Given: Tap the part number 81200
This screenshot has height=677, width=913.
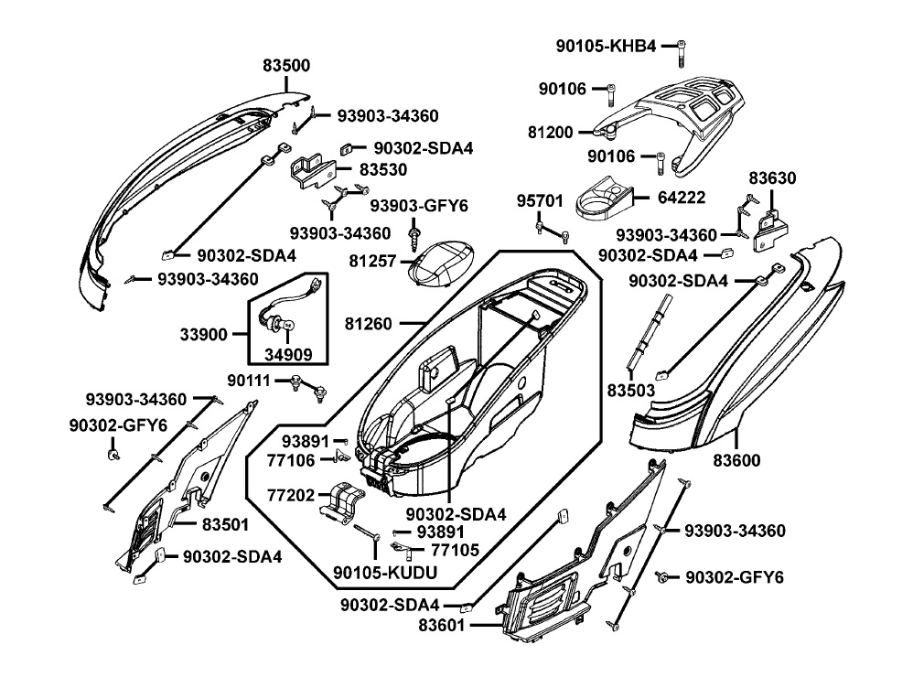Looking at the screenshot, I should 551,133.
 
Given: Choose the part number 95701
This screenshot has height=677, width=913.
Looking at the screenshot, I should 536,198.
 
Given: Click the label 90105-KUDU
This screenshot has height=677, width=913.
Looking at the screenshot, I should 385,573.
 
